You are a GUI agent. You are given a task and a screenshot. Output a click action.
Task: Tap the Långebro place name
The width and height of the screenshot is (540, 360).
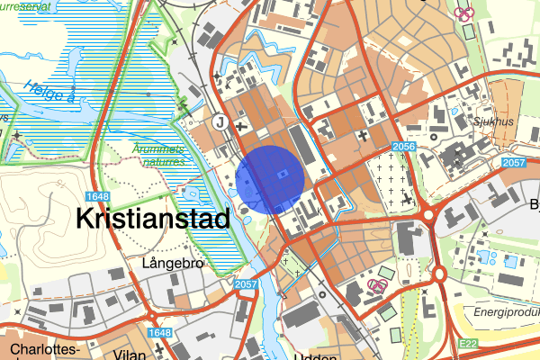click(x=175, y=264)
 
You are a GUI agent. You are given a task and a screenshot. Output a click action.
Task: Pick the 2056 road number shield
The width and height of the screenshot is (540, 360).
click(x=402, y=147)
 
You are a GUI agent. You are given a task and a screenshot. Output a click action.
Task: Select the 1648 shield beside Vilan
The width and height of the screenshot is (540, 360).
click(x=158, y=334)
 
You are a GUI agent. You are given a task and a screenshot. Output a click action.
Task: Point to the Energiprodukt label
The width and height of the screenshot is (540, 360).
click(x=506, y=310)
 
